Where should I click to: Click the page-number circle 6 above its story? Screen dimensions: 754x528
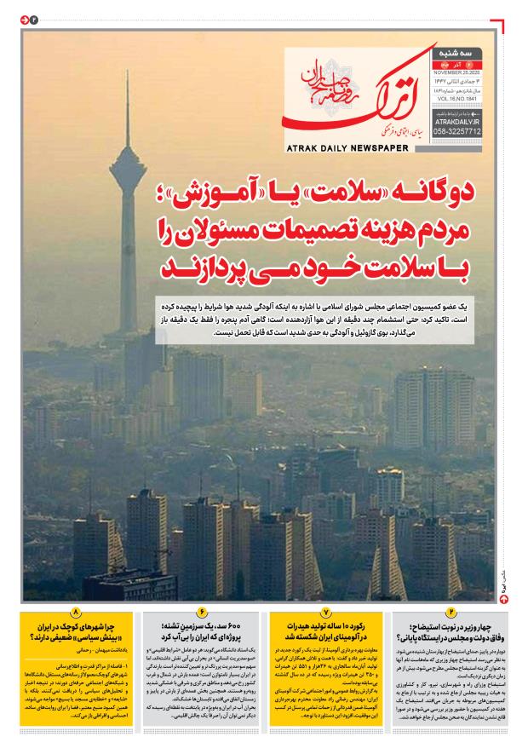pos(203,613)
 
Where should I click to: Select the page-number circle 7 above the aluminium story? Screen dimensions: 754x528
pos(325,613)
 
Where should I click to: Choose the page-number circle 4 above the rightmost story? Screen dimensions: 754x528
pos(451,613)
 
